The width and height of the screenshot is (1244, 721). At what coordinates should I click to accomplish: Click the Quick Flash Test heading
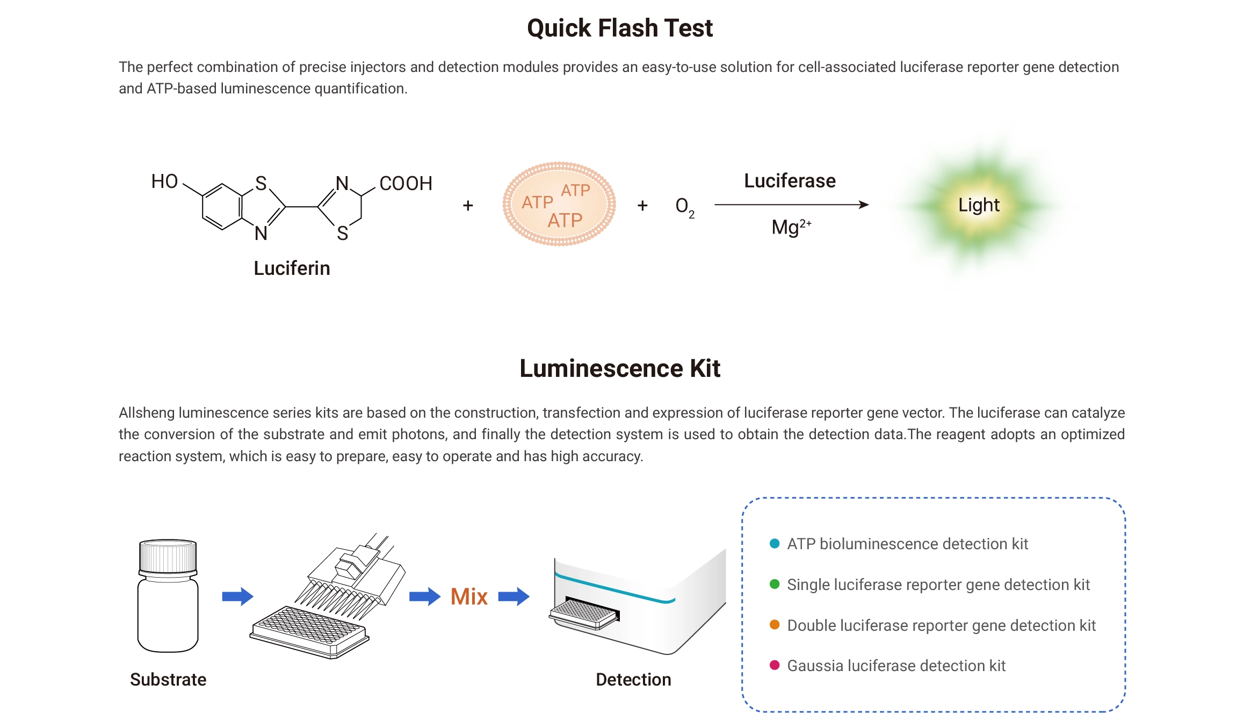point(620,28)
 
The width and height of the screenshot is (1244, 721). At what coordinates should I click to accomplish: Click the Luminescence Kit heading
point(620,368)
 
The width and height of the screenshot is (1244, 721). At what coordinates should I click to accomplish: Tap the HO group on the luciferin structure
point(164,181)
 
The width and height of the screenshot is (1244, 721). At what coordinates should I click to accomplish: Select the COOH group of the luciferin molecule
point(406,184)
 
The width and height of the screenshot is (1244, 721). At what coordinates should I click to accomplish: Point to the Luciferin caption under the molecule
point(292,268)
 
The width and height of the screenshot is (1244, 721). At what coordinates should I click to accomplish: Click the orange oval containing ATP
point(559,204)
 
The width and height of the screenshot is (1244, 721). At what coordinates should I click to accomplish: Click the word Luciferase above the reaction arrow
point(790,181)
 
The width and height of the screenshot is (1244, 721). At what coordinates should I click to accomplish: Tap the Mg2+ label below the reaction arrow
point(791,227)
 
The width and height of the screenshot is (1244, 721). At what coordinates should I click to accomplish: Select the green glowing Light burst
point(979,205)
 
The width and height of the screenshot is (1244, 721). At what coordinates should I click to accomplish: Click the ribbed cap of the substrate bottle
point(168,556)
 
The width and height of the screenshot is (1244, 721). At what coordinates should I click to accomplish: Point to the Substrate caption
point(168,680)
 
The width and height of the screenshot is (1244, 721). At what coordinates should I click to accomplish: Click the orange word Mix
point(469,596)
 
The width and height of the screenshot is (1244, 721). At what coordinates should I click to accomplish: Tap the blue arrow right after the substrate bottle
point(237,596)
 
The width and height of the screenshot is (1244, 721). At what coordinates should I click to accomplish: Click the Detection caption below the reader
point(633,680)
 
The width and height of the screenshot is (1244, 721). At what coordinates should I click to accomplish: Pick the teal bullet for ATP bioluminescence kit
point(775,543)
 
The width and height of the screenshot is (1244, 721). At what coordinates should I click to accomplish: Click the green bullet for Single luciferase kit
point(775,584)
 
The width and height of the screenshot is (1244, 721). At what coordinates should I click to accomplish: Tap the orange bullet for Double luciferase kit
point(775,625)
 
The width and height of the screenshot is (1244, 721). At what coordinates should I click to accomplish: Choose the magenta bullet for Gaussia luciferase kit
point(775,666)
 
